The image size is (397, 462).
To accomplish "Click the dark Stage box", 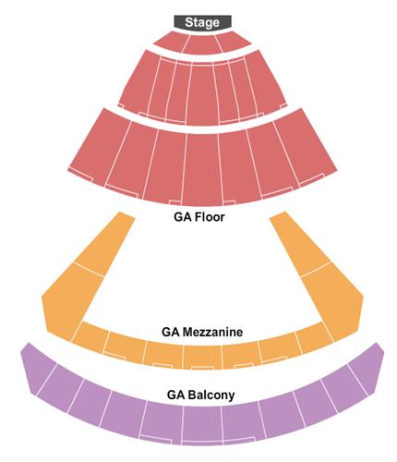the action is coord(202,22).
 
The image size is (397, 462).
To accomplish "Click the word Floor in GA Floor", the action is coord(210,217).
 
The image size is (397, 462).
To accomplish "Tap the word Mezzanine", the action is coord(212,332).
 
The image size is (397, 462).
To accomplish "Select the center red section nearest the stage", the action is coord(202,44).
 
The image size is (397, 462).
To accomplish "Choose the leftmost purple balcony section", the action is coord(39,368).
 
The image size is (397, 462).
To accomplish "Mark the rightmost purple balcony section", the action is coord(367,368).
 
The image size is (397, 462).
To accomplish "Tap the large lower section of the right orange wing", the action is coord(333,300).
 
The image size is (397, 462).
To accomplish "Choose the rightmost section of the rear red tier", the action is coord(306,145).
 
